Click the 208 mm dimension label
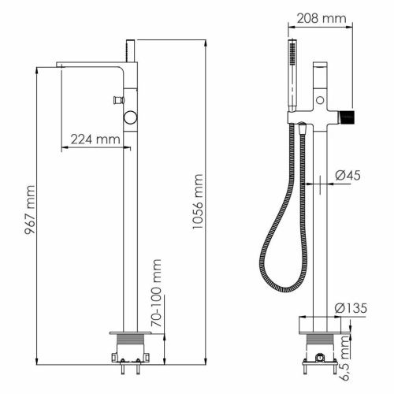(x=324, y=17)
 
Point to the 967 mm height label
(x=31, y=213)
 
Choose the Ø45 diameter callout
(x=351, y=176)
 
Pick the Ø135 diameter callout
(x=355, y=307)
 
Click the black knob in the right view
(x=348, y=118)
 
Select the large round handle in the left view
(x=130, y=119)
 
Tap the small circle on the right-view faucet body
(x=322, y=100)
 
